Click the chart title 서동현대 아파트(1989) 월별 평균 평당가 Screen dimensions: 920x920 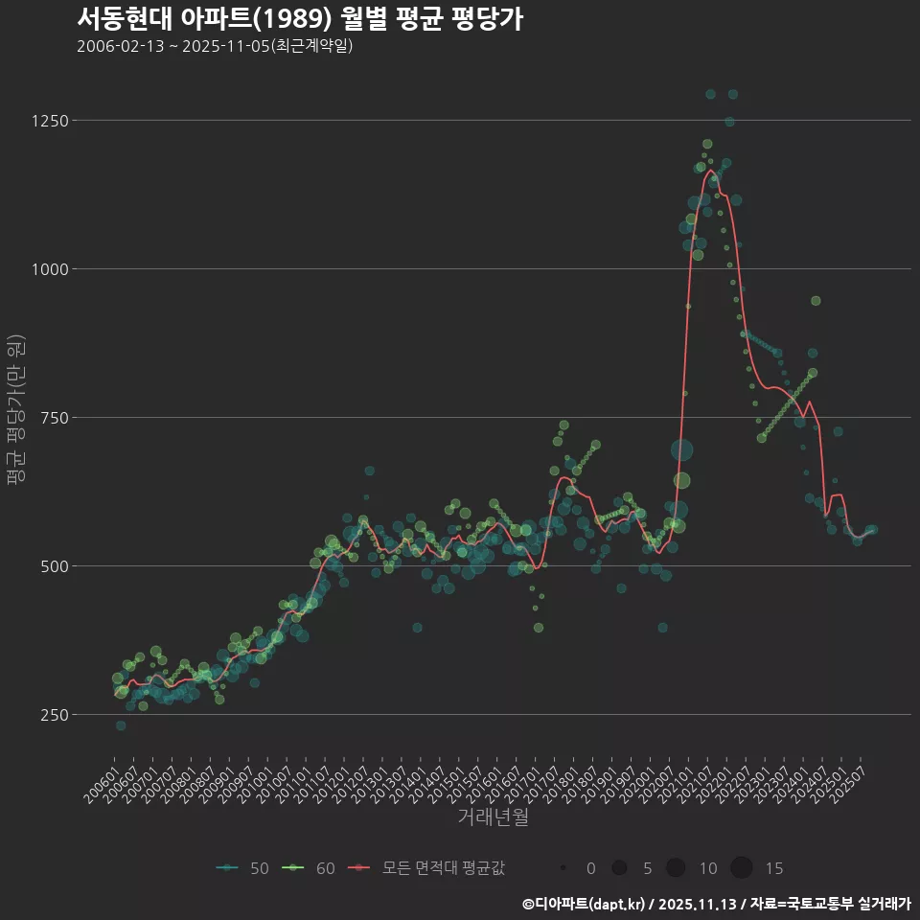point(299,19)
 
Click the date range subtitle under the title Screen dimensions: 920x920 point(215,46)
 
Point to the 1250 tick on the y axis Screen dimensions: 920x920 point(48,121)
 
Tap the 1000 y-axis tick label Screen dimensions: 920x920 point(48,269)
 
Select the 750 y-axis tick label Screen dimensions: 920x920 point(52,418)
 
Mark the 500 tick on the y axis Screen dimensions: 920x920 point(52,566)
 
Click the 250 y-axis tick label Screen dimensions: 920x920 point(52,715)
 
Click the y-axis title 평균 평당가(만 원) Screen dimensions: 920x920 point(15,412)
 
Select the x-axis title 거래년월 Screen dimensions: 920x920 point(493,816)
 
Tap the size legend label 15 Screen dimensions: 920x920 point(774,868)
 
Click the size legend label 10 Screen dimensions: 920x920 point(708,868)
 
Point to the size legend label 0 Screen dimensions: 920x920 point(590,868)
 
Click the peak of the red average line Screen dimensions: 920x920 point(711,171)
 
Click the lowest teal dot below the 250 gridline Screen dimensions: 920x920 point(121,725)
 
